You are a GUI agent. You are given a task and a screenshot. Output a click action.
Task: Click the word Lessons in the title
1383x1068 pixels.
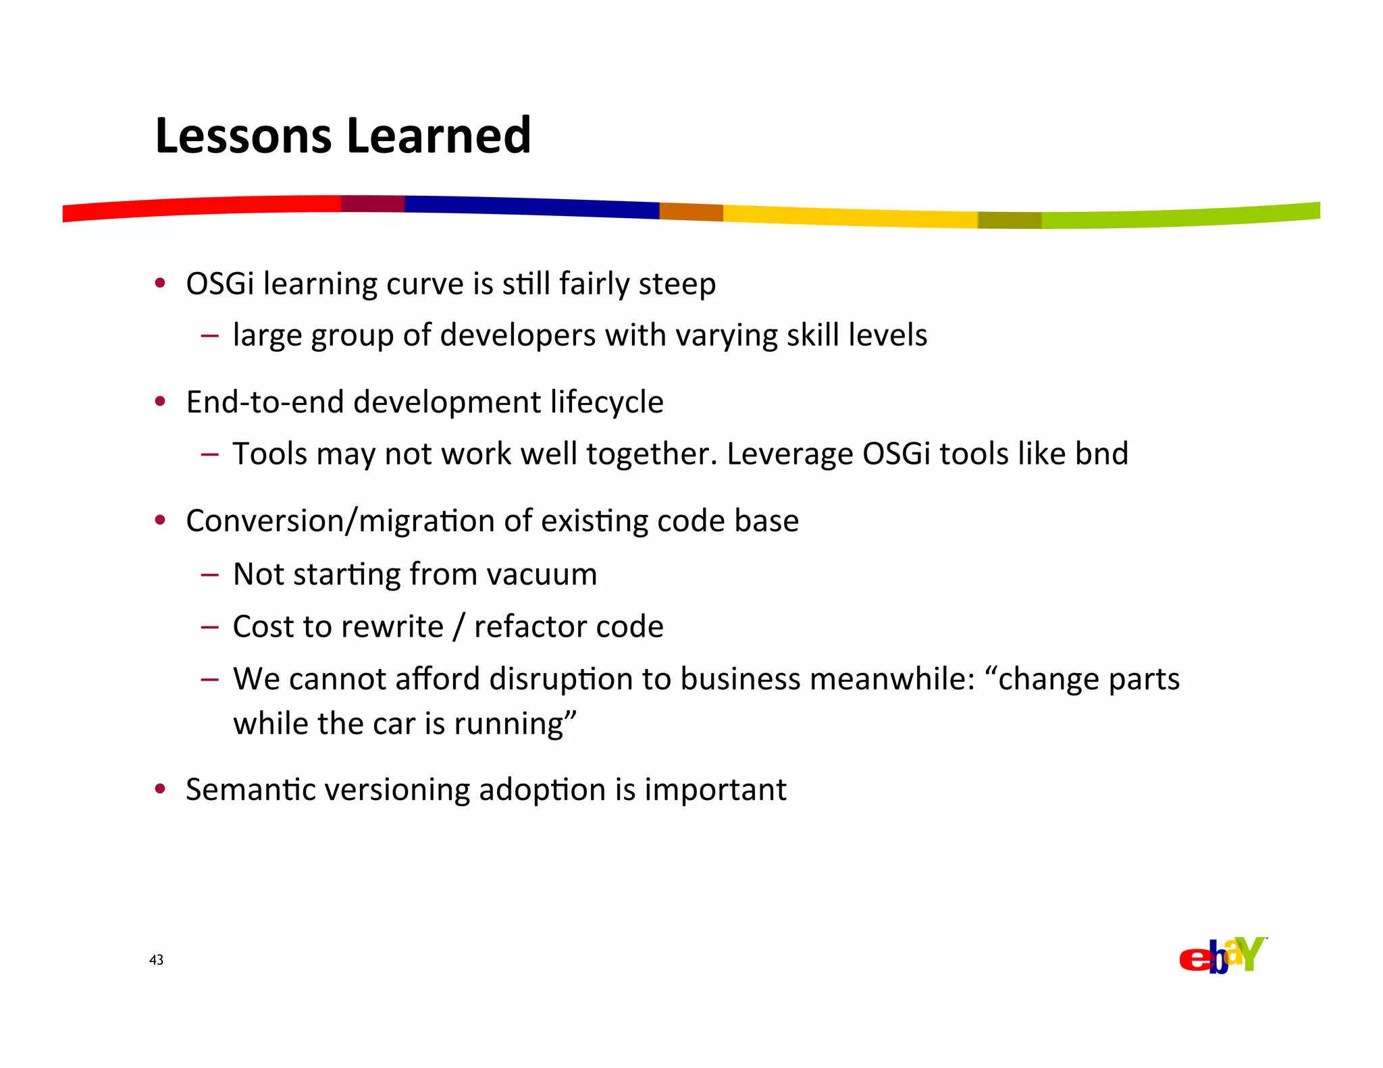point(243,136)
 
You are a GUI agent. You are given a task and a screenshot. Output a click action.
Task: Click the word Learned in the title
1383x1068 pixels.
point(439,136)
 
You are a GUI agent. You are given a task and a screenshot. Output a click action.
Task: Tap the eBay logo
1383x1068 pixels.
point(1222,955)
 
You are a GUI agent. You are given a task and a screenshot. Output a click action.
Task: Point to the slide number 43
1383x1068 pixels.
point(156,960)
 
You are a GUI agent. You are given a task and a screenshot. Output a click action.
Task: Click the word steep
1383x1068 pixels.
point(677,284)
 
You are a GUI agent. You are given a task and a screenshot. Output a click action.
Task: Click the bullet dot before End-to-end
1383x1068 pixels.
point(160,402)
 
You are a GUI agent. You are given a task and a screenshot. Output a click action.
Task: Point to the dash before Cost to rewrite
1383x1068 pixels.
point(209,626)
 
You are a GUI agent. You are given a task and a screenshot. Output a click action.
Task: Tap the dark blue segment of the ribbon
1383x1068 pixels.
point(531,206)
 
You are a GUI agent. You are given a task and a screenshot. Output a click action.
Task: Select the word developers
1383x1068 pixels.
point(517,336)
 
